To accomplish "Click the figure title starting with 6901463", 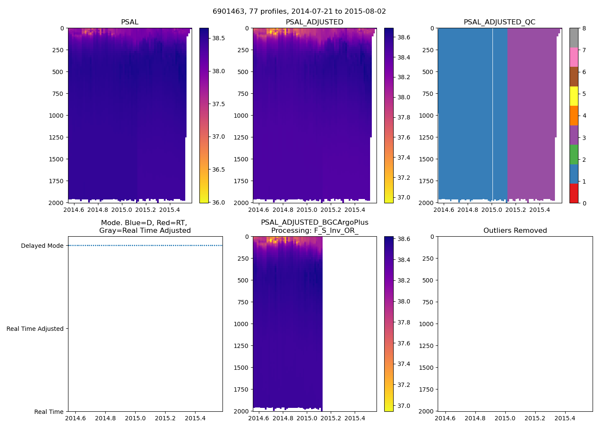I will click(299, 12).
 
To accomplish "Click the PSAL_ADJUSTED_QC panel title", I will click(499, 22).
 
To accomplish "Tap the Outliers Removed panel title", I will click(515, 231).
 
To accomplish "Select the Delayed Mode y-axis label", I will click(42, 246).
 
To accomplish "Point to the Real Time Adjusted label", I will click(35, 329).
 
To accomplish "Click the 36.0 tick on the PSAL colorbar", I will click(219, 202).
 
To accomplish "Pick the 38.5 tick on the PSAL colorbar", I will click(219, 38).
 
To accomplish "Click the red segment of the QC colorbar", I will click(574, 193).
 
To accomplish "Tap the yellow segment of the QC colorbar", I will click(574, 96).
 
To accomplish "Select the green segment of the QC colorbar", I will click(574, 154).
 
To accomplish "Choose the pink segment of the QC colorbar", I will click(574, 57).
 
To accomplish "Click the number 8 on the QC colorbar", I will click(584, 29).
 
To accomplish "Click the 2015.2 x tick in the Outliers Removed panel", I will click(535, 418).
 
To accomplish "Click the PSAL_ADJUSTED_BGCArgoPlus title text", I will click(314, 223).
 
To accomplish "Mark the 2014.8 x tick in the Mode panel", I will click(105, 418).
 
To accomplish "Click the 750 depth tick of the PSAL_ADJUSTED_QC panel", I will click(427, 94).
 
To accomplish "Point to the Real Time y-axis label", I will click(49, 412).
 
